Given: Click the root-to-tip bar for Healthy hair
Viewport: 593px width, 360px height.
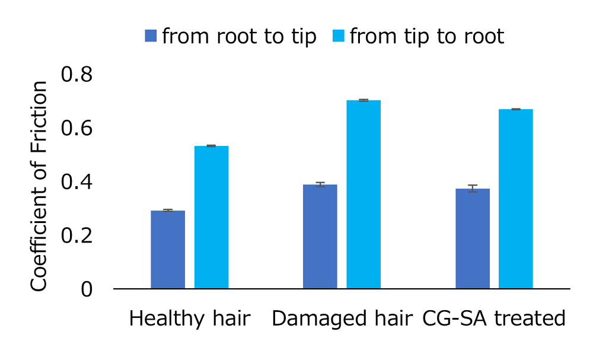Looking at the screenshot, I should (x=168, y=250).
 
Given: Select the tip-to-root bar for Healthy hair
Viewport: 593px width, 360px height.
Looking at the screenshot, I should (x=212, y=217).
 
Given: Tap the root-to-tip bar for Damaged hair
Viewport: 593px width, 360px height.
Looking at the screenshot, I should (x=320, y=237).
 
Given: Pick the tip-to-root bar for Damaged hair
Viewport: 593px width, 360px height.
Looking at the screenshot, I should (x=364, y=195).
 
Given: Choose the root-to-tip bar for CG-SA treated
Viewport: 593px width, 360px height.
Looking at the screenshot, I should (x=473, y=238).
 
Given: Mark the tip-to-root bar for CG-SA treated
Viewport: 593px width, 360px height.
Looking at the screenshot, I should (x=516, y=199).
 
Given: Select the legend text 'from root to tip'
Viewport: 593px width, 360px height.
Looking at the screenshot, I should (x=239, y=37).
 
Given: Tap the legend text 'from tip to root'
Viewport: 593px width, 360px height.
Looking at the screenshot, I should (x=427, y=37).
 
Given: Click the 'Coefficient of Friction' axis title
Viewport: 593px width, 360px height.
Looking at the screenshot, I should (x=39, y=186).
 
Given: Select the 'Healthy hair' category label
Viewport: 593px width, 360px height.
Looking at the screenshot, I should (x=190, y=320).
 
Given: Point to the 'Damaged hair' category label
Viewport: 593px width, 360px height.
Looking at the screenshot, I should (x=342, y=320).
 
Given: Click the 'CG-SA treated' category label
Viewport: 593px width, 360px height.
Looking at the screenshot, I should (x=494, y=320).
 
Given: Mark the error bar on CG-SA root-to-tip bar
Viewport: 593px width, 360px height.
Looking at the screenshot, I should (x=473, y=189).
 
